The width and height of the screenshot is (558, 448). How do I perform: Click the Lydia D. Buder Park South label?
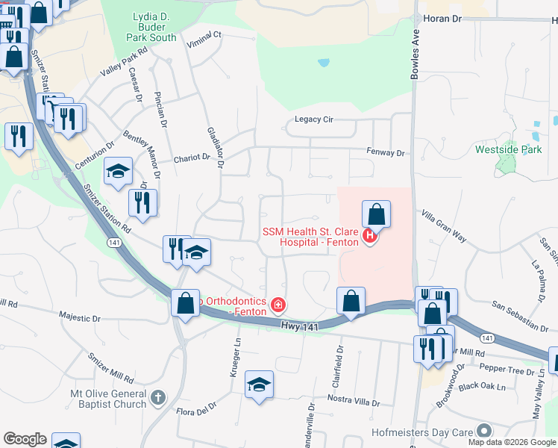click(x=151, y=26)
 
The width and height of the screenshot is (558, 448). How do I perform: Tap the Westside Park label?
click(x=508, y=149)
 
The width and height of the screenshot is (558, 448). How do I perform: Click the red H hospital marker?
click(x=369, y=237)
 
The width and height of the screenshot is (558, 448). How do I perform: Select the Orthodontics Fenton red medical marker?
click(x=278, y=305)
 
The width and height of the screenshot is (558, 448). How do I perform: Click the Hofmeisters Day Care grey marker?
click(x=485, y=431)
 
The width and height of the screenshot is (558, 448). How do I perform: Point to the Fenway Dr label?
click(x=385, y=152)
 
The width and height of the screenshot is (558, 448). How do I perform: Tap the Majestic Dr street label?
click(x=79, y=318)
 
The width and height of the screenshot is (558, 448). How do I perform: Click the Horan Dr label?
click(x=444, y=17)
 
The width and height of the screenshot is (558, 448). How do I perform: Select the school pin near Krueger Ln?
click(x=258, y=385)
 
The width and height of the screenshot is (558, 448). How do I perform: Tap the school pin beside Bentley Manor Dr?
click(x=118, y=172)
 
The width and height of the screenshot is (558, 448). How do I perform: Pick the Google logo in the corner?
click(x=25, y=439)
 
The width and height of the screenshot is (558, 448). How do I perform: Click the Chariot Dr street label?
click(x=192, y=158)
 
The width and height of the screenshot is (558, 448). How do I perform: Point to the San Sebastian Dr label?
click(x=521, y=314)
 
